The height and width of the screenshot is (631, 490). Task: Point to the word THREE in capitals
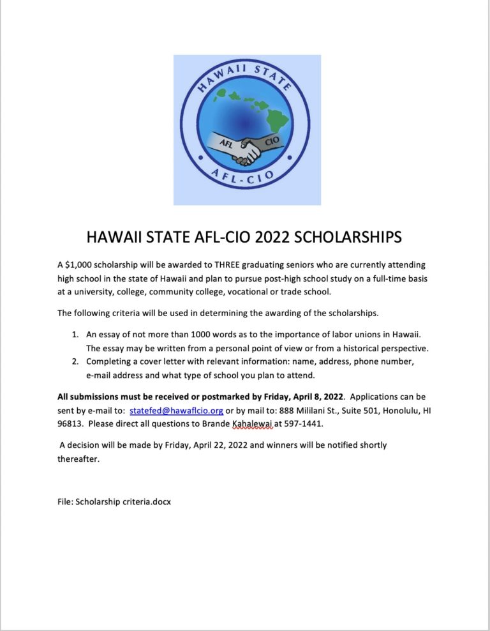(x=240, y=264)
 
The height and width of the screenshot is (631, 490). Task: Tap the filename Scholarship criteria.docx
(x=114, y=501)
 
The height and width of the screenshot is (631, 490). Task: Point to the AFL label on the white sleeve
(x=225, y=144)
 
